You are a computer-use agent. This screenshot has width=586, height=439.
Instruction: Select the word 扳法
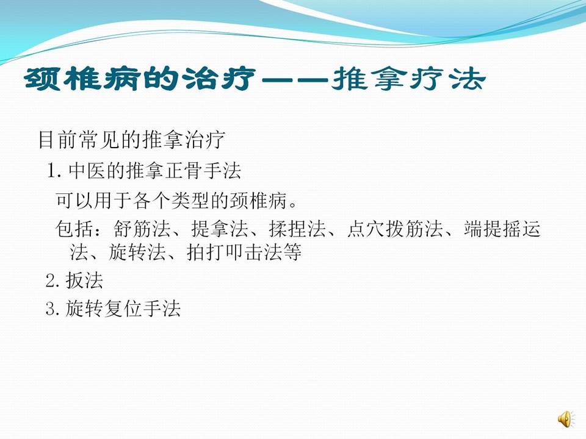tap(84, 281)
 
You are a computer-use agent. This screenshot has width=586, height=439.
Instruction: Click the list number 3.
tap(52, 309)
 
